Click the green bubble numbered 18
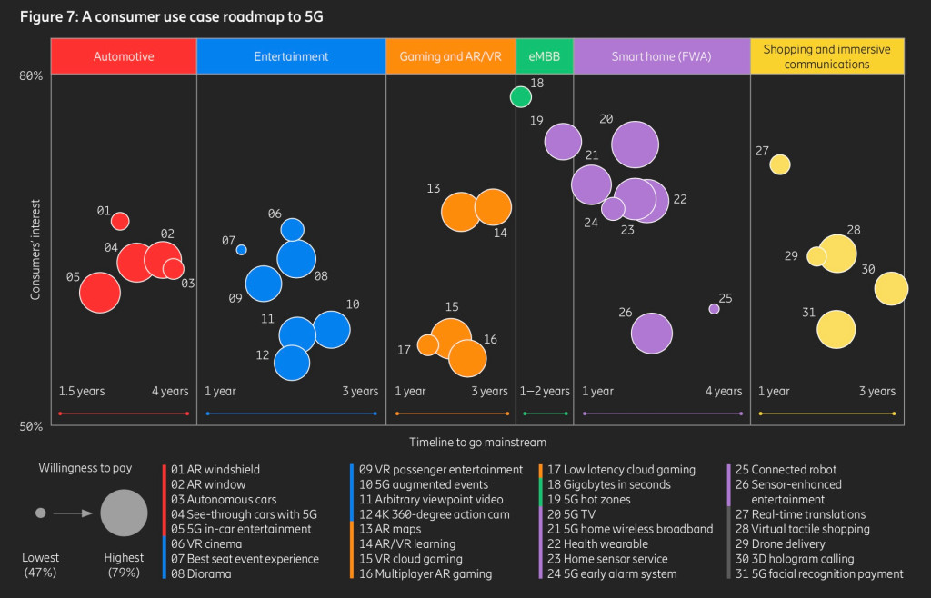[521, 96]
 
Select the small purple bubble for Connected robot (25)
[714, 309]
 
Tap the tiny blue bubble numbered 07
[241, 250]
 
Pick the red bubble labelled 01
[120, 221]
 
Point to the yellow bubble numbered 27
[779, 164]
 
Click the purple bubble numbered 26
[651, 334]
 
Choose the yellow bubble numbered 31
[836, 328]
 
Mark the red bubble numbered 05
[100, 293]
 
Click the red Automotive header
[124, 56]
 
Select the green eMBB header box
[544, 56]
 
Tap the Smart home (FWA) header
[661, 56]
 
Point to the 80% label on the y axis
[31, 76]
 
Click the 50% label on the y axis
[31, 425]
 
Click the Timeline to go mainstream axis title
[477, 443]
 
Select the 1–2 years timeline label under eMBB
[545, 392]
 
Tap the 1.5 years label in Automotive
[82, 392]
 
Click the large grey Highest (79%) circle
[125, 513]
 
